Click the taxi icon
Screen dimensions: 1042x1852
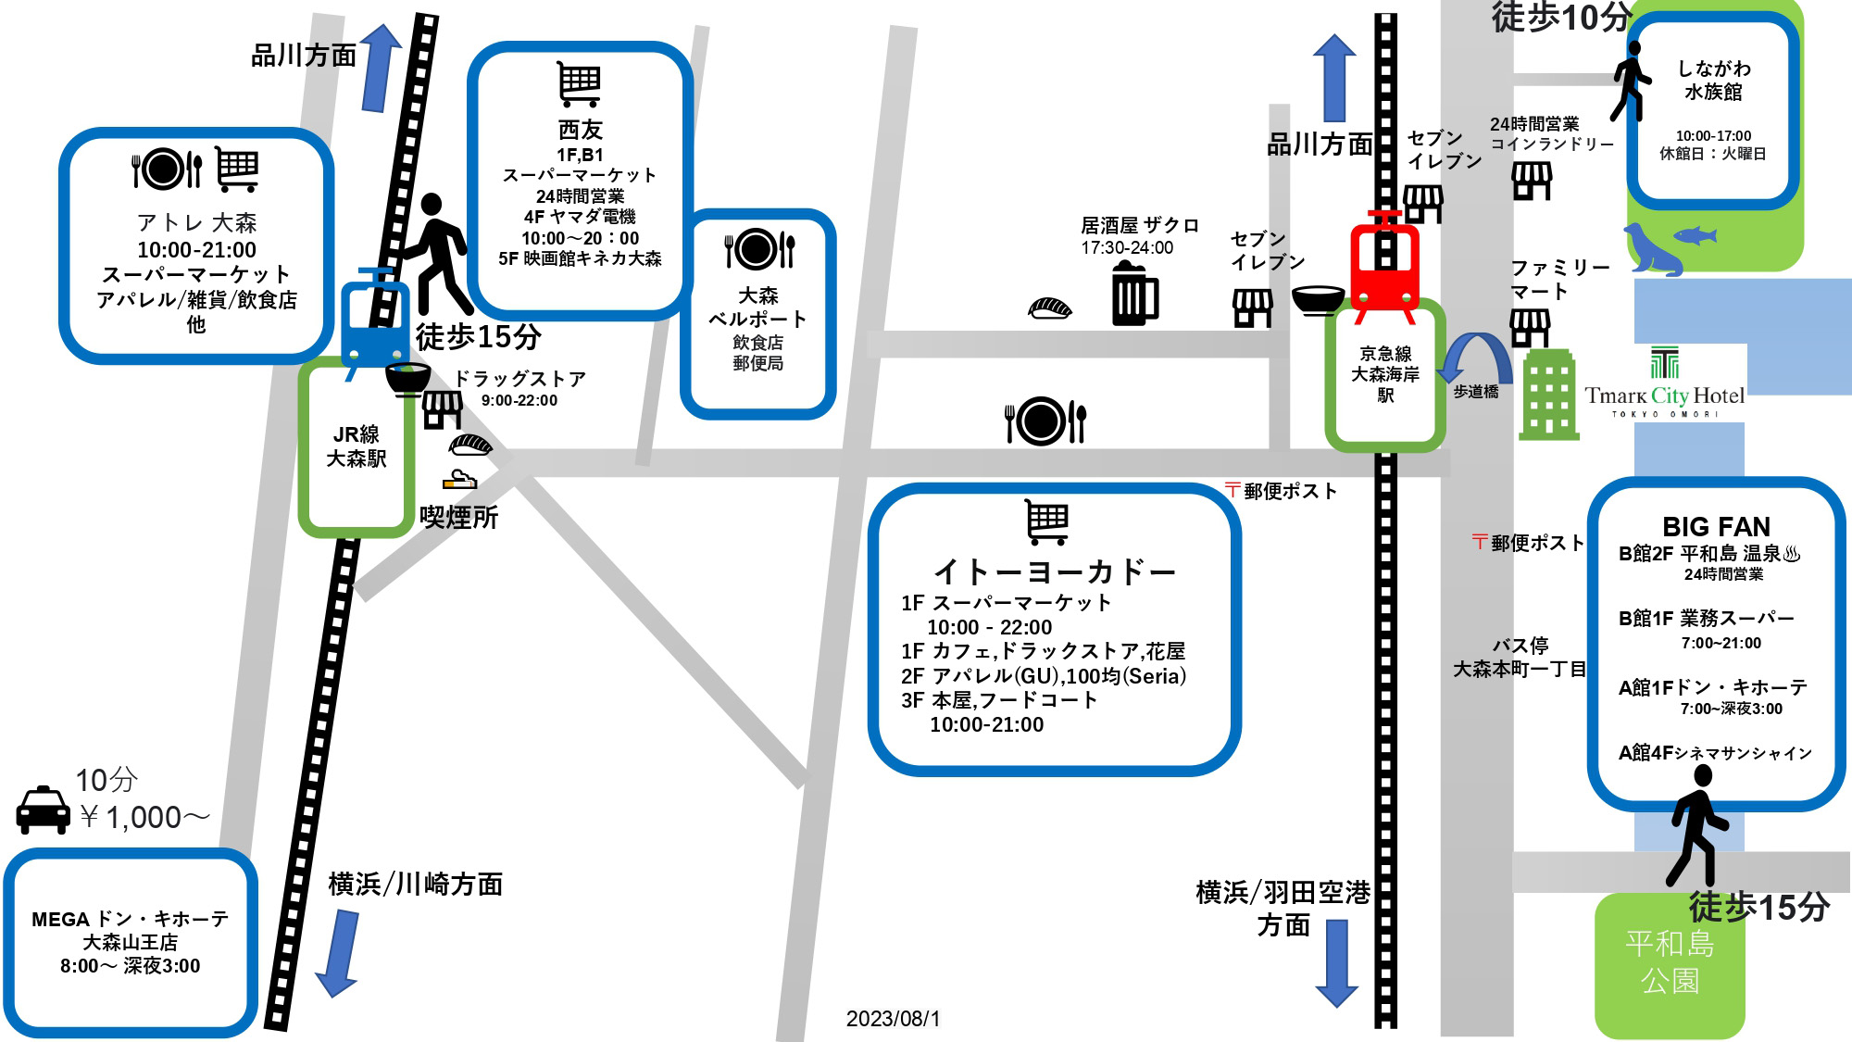44,810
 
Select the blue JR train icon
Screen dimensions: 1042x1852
373,320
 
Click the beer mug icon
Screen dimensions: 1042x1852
1134,294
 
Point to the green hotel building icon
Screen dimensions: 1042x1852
1548,395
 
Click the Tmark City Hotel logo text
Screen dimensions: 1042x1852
1664,395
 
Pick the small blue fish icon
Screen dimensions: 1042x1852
1696,235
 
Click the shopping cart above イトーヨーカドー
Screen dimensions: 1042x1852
1047,521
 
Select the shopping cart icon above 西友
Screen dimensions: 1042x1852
580,84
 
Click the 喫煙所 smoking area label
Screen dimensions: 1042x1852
459,517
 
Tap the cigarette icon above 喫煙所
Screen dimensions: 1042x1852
459,480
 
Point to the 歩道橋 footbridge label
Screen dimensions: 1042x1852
1476,392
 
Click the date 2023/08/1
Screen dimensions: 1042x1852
893,1019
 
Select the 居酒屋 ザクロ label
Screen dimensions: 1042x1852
1139,225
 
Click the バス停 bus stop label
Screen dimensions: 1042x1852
1520,646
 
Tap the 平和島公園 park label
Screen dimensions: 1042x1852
1670,961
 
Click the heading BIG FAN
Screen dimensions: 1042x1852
1716,526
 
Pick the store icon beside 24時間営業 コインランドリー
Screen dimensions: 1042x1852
1532,181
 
